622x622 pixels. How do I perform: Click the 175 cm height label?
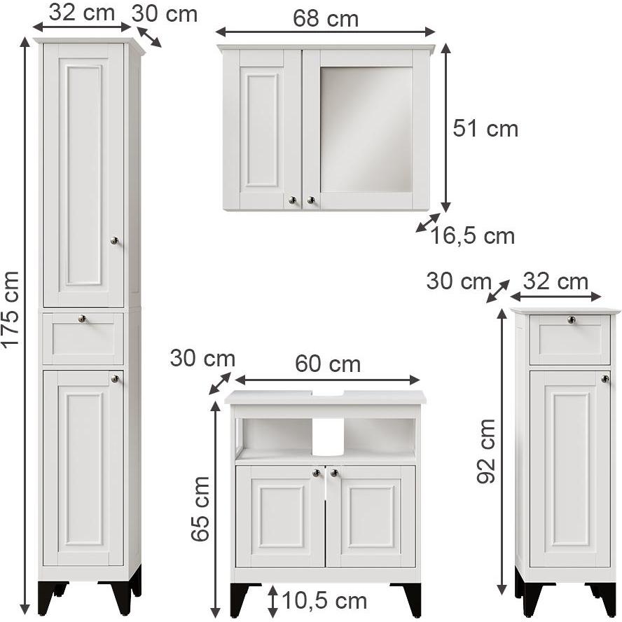(x=11, y=308)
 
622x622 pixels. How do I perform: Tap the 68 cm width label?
(x=325, y=19)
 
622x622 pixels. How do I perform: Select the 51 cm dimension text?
(x=485, y=129)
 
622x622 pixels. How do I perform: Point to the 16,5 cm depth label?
(x=473, y=236)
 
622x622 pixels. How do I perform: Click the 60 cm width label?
(x=327, y=364)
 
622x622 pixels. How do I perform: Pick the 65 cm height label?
(x=201, y=508)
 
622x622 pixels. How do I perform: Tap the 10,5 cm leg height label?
(x=324, y=600)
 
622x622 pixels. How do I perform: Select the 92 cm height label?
(x=485, y=450)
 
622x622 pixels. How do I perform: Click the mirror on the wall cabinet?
(x=366, y=129)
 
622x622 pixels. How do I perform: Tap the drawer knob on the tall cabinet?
(x=83, y=319)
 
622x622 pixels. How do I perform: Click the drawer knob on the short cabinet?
(x=571, y=320)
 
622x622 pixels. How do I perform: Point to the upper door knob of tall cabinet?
(x=114, y=241)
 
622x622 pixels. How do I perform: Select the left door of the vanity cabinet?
(x=280, y=516)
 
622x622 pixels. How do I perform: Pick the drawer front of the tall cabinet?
(x=83, y=339)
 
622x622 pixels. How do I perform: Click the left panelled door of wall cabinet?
(x=262, y=129)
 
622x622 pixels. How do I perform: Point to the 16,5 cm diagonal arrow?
(x=427, y=223)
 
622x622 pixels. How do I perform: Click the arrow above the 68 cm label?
(x=325, y=32)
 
